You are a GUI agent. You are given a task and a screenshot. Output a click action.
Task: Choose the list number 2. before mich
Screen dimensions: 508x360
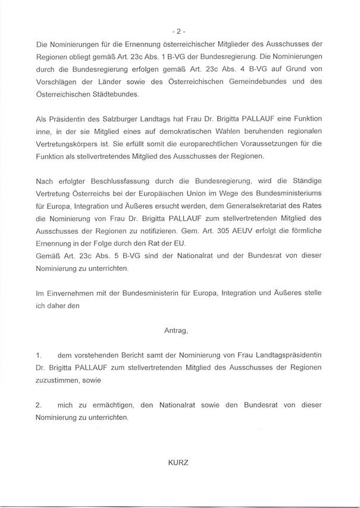[38, 406]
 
